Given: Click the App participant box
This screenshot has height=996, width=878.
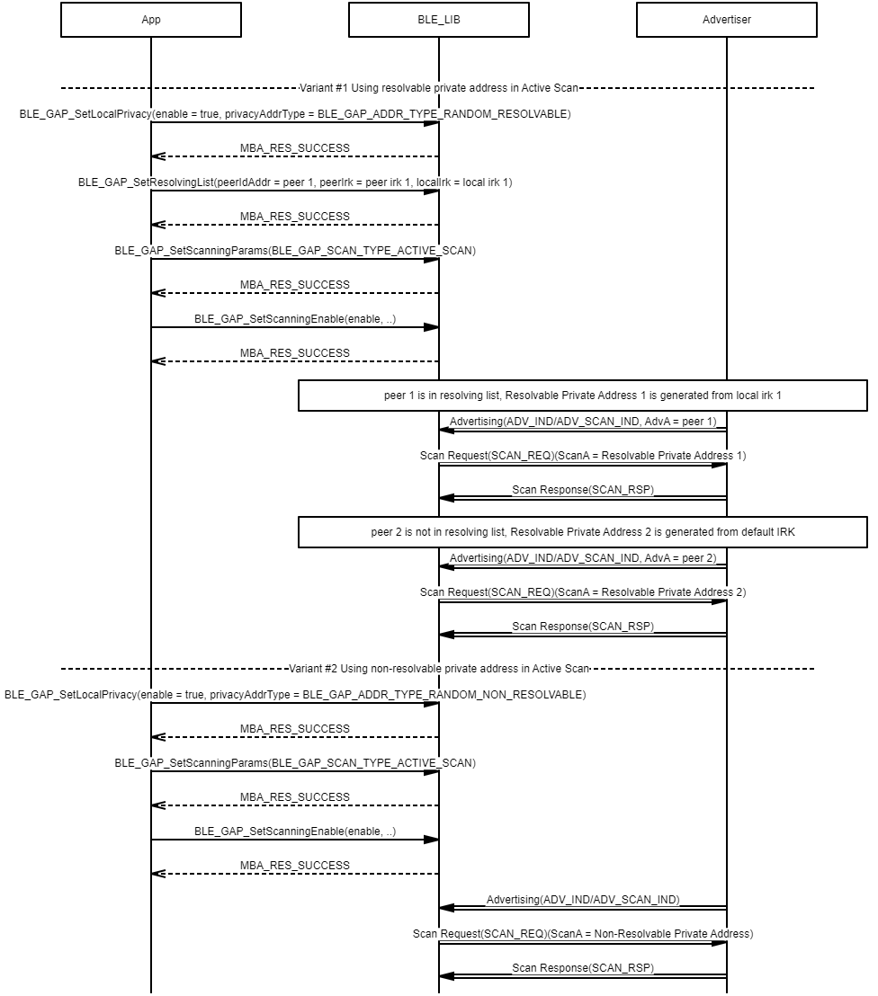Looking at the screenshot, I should [151, 20].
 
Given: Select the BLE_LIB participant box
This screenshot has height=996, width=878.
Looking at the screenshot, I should [439, 20].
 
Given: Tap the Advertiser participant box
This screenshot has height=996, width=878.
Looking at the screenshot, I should [727, 20].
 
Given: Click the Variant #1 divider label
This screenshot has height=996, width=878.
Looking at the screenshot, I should [439, 88].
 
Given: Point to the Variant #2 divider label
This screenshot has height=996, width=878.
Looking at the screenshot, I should [439, 669].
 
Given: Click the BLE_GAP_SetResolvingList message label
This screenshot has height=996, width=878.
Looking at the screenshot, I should [295, 182].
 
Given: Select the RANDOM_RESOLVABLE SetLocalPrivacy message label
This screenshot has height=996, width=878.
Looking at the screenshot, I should [295, 114].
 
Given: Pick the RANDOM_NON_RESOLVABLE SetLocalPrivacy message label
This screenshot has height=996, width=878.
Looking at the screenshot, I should [295, 695].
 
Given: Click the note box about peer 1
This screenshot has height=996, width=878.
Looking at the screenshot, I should [583, 396].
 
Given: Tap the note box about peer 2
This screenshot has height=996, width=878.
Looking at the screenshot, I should [583, 532].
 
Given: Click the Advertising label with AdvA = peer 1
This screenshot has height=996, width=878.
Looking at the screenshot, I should [583, 422].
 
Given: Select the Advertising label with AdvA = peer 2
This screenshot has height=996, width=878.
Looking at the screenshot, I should [583, 558].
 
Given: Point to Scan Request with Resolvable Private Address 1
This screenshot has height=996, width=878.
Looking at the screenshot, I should [583, 456].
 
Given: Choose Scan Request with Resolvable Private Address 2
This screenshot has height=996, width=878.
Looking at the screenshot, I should [583, 592].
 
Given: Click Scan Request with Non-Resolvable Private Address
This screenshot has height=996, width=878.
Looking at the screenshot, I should [583, 934].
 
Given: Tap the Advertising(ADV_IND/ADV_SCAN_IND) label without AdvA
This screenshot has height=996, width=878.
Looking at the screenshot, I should [583, 900].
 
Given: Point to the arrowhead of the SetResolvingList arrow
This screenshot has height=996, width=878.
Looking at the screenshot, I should [431, 191].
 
